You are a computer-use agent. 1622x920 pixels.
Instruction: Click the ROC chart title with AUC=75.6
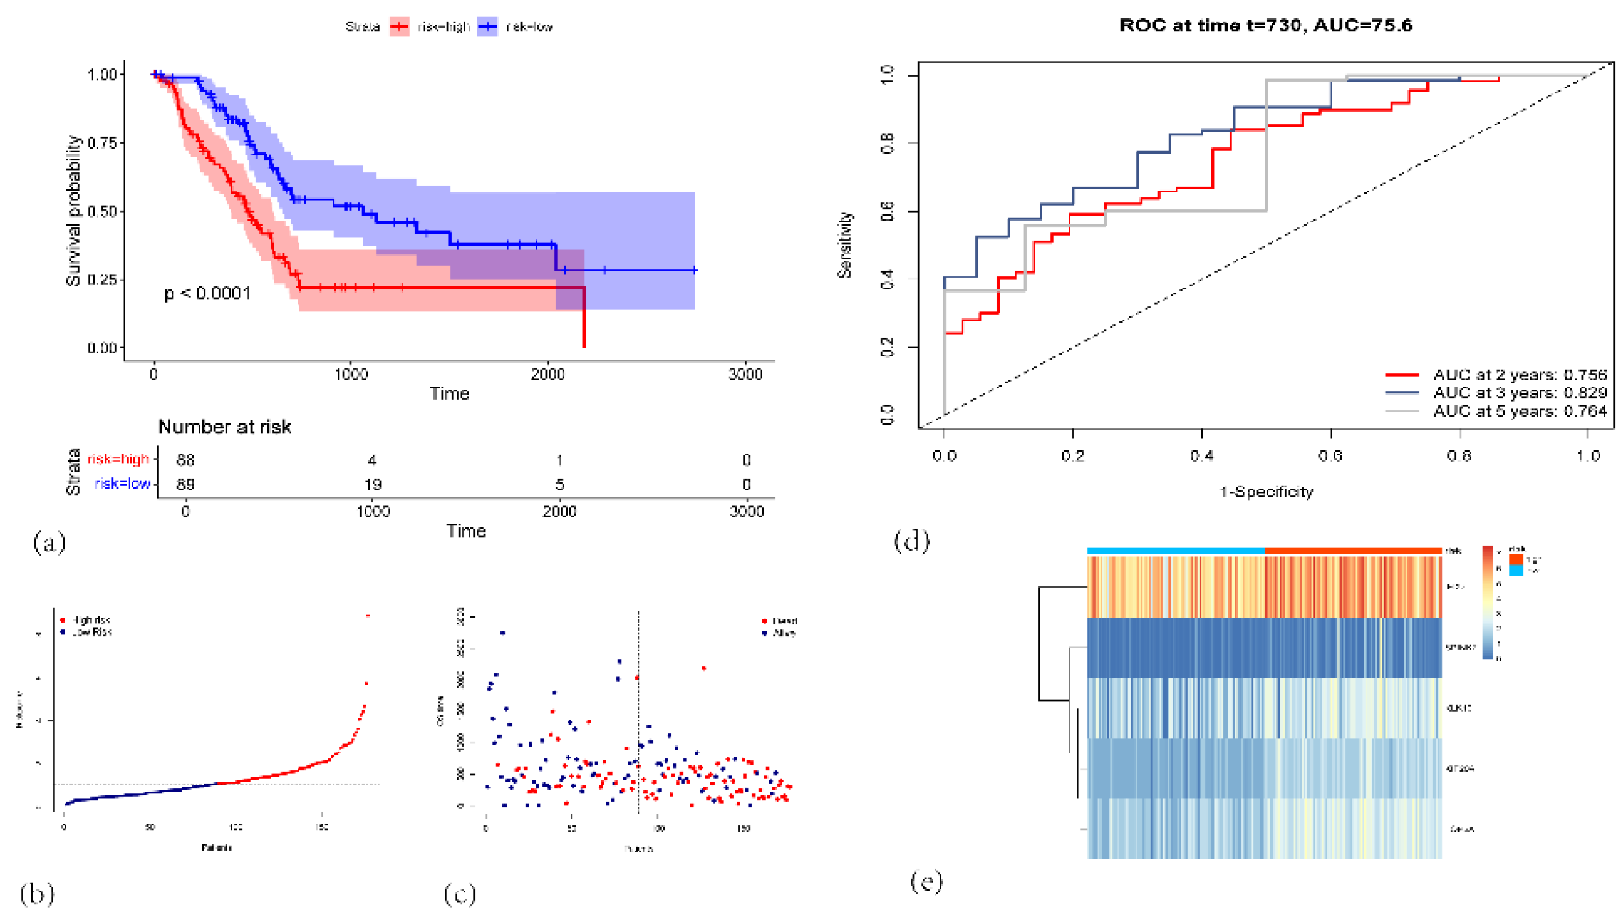point(1265,25)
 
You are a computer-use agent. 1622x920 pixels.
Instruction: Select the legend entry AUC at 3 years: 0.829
point(1519,393)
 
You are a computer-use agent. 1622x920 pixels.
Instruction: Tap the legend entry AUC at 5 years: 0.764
point(1519,411)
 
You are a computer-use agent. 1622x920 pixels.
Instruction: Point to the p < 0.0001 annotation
point(207,294)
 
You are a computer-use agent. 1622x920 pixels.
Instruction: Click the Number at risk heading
point(224,427)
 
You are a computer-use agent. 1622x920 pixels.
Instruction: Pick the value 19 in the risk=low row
point(373,485)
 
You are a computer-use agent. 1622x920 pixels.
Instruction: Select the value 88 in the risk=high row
point(185,460)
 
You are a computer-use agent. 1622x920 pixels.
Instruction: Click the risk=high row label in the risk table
point(118,458)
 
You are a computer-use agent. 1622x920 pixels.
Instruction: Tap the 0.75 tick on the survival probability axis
point(102,143)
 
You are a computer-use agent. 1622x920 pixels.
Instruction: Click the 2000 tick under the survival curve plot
point(547,374)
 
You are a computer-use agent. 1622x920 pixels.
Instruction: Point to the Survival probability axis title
point(74,210)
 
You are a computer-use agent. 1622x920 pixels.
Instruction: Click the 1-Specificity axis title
point(1266,492)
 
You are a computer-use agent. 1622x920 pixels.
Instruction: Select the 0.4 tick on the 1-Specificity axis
point(1201,456)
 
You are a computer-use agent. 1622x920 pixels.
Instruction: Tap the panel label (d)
point(911,541)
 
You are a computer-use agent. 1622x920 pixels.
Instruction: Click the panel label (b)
point(37,894)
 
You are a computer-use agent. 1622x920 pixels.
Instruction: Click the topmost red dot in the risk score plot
point(368,615)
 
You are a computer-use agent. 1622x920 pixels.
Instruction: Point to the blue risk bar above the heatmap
point(1176,551)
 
